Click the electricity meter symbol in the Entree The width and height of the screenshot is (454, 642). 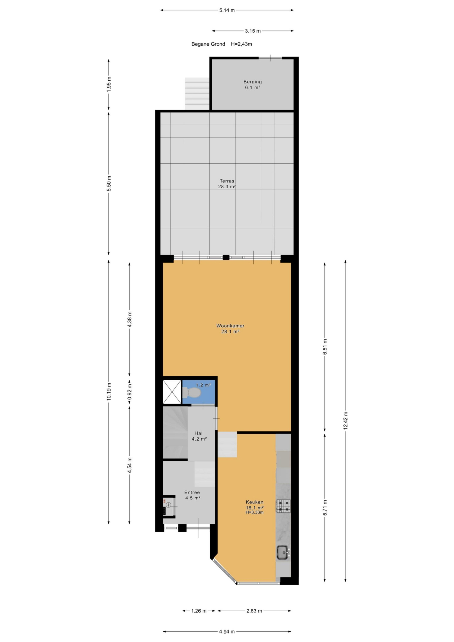click(169, 505)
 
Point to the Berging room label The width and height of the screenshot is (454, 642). click(252, 84)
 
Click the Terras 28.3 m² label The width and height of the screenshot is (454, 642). click(227, 184)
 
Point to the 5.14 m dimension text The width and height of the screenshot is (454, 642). click(227, 10)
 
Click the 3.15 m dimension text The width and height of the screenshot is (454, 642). click(253, 31)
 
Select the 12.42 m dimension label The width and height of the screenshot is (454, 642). click(346, 421)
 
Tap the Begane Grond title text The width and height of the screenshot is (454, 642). click(208, 44)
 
